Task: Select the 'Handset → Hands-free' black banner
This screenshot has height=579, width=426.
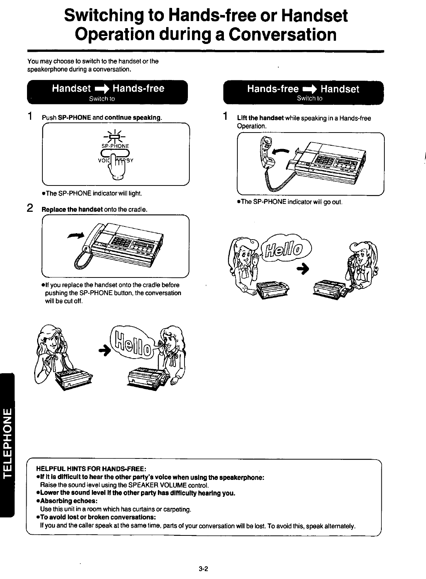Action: (108, 92)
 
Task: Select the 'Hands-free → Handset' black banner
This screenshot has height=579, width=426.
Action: (303, 92)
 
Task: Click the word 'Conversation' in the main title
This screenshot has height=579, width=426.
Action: (283, 35)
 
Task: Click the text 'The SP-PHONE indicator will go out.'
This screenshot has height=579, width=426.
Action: (290, 202)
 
